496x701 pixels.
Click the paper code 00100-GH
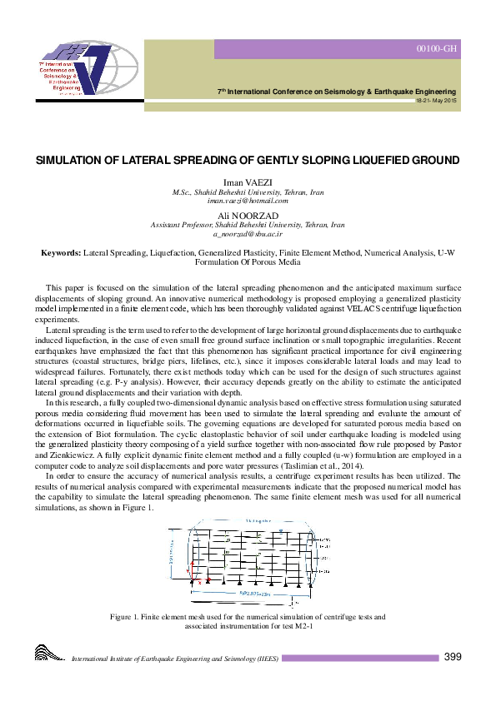click(x=437, y=50)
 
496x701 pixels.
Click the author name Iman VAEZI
click(x=248, y=181)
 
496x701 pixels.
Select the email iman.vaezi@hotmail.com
click(x=248, y=201)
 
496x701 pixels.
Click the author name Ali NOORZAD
click(x=248, y=216)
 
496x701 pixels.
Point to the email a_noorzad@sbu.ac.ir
click(x=248, y=234)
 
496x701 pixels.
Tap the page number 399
click(x=452, y=657)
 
